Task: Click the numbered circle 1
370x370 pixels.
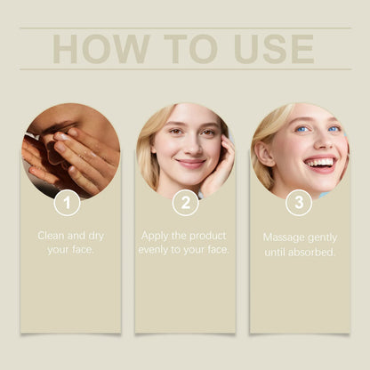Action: coord(68,203)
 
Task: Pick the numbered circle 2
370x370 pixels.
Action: coord(185,203)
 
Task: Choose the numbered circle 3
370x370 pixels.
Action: coord(299,203)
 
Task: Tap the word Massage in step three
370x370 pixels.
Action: coord(285,237)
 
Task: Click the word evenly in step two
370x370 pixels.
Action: coord(155,250)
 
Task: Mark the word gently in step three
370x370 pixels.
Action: coord(323,237)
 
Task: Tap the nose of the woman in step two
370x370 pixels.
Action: coord(189,148)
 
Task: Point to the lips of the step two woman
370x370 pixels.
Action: coord(189,163)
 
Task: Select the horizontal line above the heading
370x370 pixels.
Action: coord(185,28)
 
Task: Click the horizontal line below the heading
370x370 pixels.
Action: coord(185,69)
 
